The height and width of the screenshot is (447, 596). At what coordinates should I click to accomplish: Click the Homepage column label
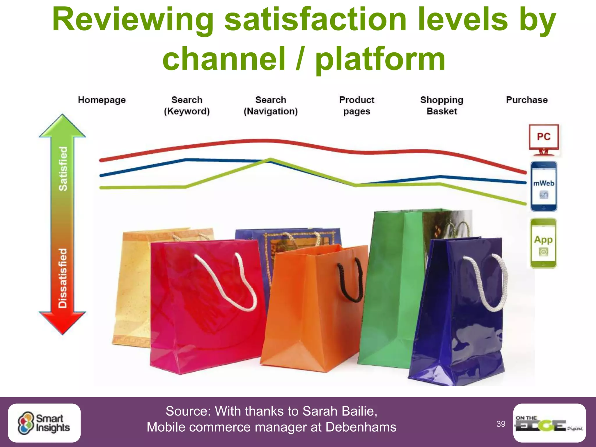[102, 100]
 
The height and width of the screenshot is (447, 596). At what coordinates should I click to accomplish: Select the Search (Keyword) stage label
[187, 106]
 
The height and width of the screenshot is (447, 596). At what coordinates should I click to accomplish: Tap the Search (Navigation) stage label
[271, 106]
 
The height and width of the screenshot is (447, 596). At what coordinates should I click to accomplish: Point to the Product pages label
[356, 106]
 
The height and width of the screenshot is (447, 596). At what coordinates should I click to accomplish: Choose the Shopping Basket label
[441, 106]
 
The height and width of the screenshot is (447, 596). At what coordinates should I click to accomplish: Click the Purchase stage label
[527, 100]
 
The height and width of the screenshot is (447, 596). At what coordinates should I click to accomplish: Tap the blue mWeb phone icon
[544, 186]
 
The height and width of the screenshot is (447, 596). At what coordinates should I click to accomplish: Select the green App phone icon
[543, 243]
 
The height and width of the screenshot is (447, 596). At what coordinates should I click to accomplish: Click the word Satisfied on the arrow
[63, 169]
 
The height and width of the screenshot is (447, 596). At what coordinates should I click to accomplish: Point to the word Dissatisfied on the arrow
[63, 278]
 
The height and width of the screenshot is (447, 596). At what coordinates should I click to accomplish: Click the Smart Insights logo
[44, 423]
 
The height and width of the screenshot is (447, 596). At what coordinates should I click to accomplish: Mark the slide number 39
[501, 424]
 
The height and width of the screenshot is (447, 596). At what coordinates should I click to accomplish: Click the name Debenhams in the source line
[361, 427]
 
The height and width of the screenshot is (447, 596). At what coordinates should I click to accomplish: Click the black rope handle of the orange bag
[349, 282]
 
